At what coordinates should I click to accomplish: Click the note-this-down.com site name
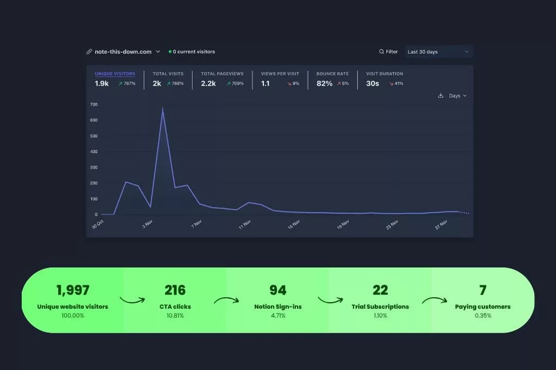point(123,52)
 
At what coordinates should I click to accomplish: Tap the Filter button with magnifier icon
point(388,52)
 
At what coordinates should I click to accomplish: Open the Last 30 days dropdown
point(438,52)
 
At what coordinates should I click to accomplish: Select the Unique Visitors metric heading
point(115,74)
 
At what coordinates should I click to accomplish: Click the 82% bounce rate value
point(324,84)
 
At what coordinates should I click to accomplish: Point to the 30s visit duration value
point(372,84)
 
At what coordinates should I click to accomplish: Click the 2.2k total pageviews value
point(208,84)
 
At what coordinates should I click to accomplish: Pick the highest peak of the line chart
point(162,109)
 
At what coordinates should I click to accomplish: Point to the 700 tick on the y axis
point(93,104)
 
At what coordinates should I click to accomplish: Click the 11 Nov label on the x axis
point(245,224)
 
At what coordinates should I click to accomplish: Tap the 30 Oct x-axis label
point(98,225)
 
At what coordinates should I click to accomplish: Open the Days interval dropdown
point(457,96)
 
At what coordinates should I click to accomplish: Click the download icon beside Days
point(441,96)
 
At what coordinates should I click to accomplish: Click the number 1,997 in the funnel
point(73,290)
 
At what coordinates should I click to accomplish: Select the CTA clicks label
point(175,307)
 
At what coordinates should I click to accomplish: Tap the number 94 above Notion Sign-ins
point(277,290)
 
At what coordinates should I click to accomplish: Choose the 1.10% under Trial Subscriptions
point(380,316)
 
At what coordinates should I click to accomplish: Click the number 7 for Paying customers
point(483,290)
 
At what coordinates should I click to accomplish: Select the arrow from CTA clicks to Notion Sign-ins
point(226,300)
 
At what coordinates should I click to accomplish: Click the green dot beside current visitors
point(170,52)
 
